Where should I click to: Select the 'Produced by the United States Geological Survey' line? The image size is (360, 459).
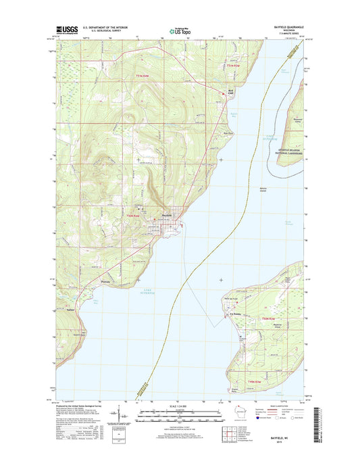click(x=82, y=404)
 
